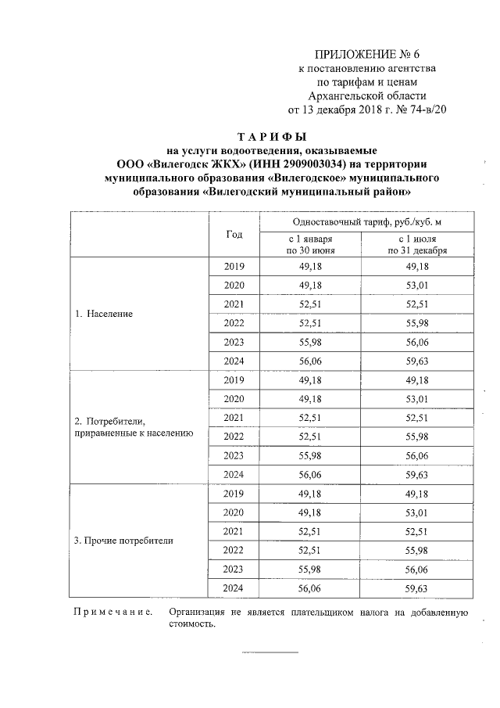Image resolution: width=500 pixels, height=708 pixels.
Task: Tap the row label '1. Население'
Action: (x=104, y=314)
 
